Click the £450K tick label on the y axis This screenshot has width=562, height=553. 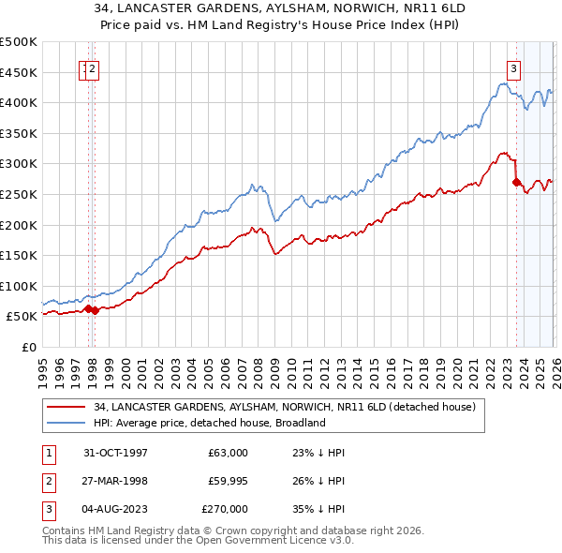click(19, 72)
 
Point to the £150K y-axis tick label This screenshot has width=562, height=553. click(19, 255)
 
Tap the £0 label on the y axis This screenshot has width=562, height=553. click(28, 347)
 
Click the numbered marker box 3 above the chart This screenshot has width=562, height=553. click(514, 67)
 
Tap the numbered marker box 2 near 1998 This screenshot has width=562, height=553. click(95, 67)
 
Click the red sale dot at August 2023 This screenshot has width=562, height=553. click(516, 183)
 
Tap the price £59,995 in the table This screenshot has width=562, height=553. click(228, 481)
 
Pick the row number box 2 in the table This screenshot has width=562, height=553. click(47, 481)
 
